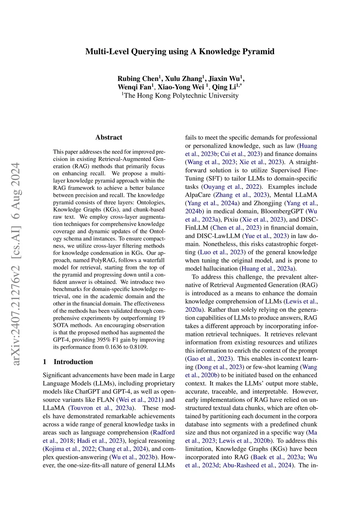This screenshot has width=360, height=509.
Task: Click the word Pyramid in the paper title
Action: [257, 52]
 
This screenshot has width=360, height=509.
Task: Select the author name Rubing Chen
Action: [138, 79]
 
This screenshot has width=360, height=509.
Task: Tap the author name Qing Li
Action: [224, 87]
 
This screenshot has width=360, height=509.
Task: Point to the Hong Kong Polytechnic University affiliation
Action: [181, 96]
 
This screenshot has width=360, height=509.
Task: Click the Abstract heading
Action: [109, 137]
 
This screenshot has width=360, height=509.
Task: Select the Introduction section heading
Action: [73, 362]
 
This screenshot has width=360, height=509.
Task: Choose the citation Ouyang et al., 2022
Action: [232, 187]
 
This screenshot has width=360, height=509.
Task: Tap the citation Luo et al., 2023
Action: [222, 252]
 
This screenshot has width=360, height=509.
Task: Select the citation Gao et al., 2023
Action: [210, 359]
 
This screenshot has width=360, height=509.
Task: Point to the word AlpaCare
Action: [198, 195]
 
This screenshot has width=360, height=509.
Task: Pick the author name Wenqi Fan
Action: [134, 87]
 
